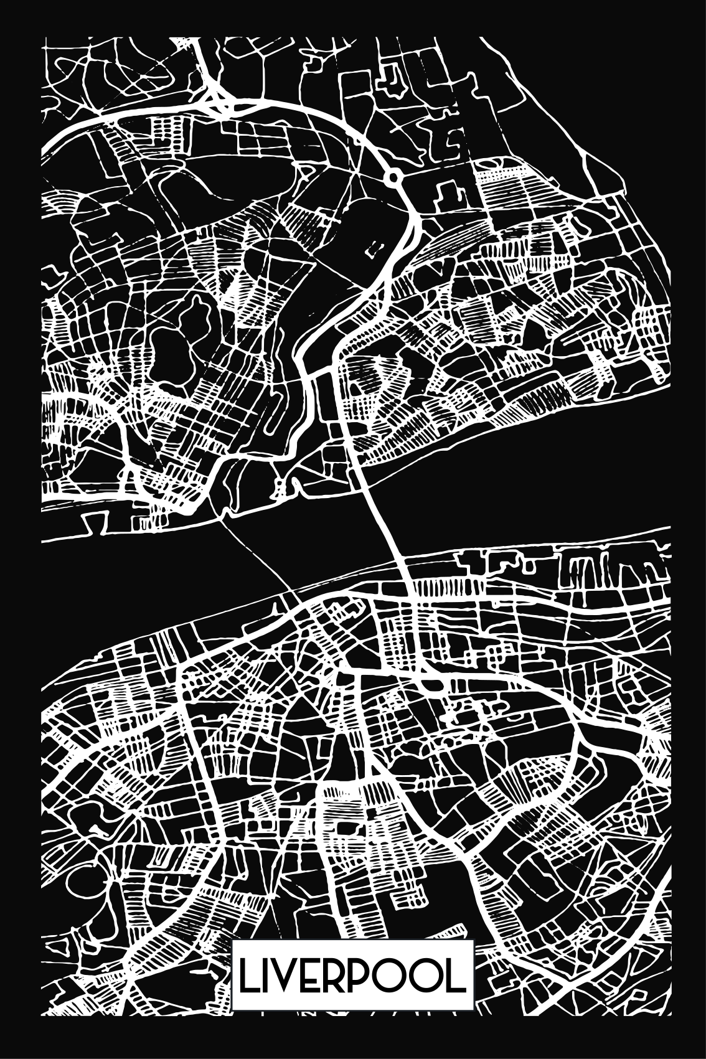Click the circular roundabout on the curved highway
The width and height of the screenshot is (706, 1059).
point(393,178)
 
